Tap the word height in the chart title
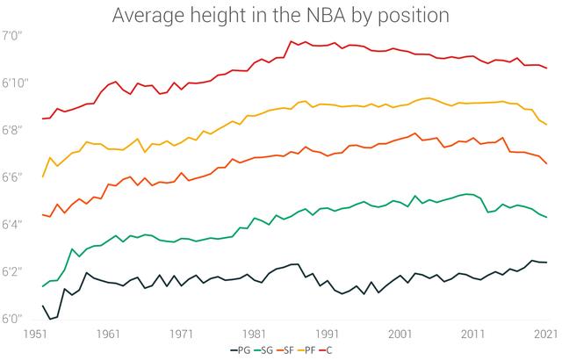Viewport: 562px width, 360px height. click(x=214, y=16)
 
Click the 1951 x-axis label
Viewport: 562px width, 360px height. click(x=37, y=334)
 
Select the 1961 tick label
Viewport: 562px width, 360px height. click(x=110, y=334)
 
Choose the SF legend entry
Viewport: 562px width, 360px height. click(x=291, y=351)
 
